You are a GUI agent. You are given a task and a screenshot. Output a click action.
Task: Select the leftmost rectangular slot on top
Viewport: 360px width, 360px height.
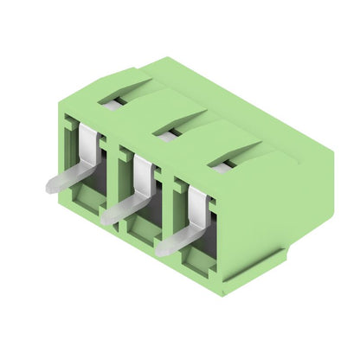click(112, 100)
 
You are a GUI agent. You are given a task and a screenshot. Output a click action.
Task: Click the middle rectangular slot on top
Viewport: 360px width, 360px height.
click(167, 131)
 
